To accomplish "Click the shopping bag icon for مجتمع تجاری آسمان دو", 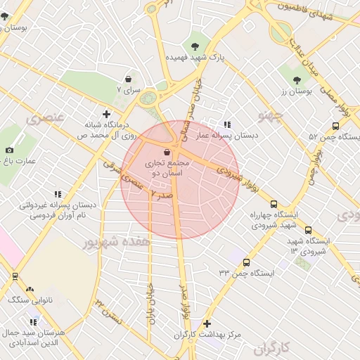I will [167, 151].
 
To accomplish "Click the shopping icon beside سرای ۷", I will [128, 79].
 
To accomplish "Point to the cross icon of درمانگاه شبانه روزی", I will [106, 113].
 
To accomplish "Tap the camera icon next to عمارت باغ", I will [9, 150].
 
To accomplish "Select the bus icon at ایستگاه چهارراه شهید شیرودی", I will [274, 203].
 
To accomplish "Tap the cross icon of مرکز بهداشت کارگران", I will [207, 323].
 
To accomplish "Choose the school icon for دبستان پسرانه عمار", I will [226, 124].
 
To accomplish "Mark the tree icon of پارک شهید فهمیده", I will [195, 44].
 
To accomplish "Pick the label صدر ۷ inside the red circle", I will [163, 194].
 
